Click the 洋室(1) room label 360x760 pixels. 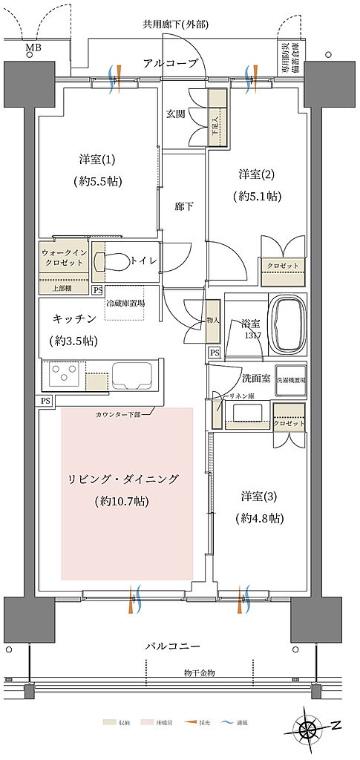[x=98, y=159]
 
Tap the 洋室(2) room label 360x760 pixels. [x=257, y=174]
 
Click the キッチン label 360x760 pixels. [x=73, y=318]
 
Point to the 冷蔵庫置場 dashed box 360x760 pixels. [x=125, y=309]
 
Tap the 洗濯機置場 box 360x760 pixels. [x=290, y=379]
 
